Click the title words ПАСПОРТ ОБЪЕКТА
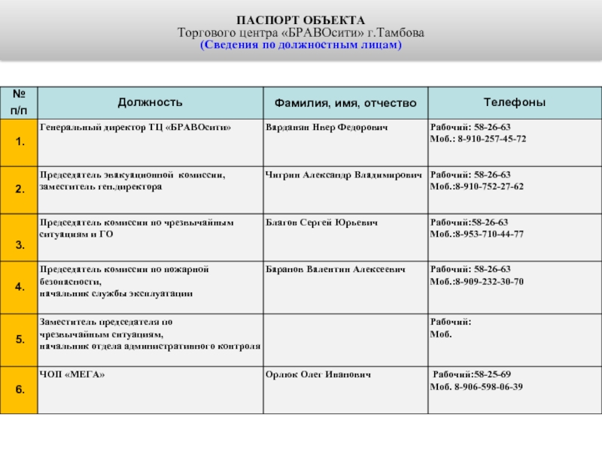pos(301,20)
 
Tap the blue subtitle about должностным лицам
pos(301,45)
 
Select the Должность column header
pos(149,102)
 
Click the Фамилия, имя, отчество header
pos(345,102)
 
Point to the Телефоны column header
pos(514,102)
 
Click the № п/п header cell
pos(19,102)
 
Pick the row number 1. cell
pos(19,142)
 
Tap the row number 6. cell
pos(19,389)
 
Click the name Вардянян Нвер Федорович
pos(327,128)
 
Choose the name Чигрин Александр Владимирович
pos(344,174)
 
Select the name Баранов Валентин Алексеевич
pos(336,269)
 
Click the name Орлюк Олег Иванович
pos(318,374)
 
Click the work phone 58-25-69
pos(492,374)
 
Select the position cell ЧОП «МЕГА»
pos(72,374)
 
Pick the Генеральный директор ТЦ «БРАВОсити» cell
pos(135,128)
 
